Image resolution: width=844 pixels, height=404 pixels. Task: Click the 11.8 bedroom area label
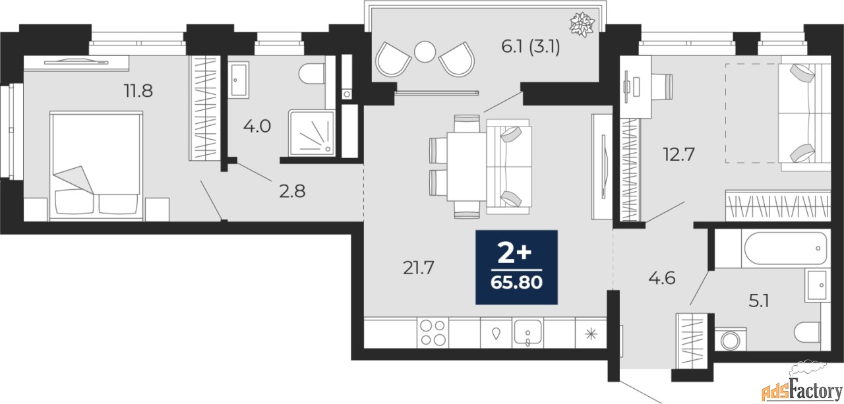[138, 91]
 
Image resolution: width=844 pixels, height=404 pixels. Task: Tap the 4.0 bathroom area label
[257, 126]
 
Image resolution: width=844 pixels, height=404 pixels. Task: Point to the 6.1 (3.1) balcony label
[530, 47]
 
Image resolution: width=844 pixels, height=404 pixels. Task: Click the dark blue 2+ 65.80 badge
[516, 268]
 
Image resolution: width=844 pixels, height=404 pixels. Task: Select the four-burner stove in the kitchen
[433, 332]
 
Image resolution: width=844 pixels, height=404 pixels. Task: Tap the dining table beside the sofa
[466, 167]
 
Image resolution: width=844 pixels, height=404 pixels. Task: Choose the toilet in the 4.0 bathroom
[312, 73]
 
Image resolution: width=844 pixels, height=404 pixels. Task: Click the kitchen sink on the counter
[527, 333]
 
